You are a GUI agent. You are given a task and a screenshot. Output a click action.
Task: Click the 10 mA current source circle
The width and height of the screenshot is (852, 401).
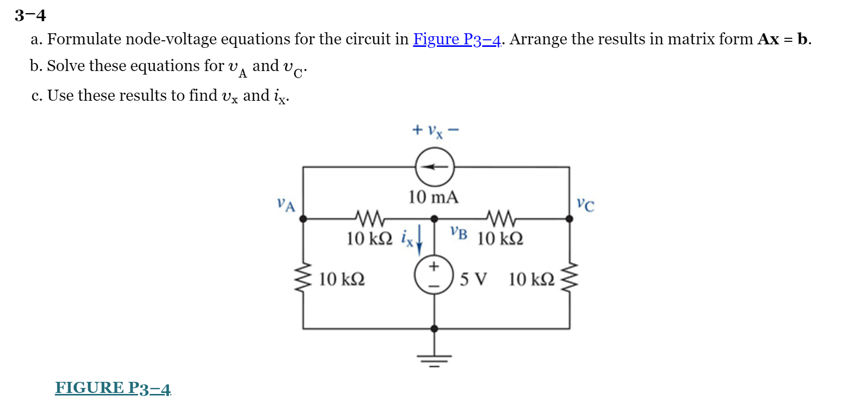pyautogui.click(x=434, y=167)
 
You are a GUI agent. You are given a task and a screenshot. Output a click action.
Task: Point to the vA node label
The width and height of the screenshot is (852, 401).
pyautogui.click(x=286, y=205)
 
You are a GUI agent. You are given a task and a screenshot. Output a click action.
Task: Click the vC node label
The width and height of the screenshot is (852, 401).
pyautogui.click(x=585, y=205)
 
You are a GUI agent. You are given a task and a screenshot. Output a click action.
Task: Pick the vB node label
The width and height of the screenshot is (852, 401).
pyautogui.click(x=459, y=233)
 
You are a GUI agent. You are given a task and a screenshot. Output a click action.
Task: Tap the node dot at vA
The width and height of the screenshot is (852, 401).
pyautogui.click(x=303, y=219)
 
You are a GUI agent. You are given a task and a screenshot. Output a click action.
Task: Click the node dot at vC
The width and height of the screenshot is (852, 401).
pyautogui.click(x=569, y=219)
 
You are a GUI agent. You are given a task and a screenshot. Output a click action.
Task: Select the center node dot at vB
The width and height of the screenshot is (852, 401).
pyautogui.click(x=434, y=219)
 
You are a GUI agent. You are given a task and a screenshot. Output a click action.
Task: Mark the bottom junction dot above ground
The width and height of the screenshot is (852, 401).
pyautogui.click(x=434, y=328)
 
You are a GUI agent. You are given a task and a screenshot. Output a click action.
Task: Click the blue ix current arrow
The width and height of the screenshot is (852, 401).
pyautogui.click(x=419, y=240)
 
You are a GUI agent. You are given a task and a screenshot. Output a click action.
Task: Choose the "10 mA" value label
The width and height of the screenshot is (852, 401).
pyautogui.click(x=433, y=197)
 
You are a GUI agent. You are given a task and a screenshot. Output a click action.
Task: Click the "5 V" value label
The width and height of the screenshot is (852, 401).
pyautogui.click(x=473, y=279)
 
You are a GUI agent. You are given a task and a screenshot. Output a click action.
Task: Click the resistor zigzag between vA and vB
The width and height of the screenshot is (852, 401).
pyautogui.click(x=370, y=218)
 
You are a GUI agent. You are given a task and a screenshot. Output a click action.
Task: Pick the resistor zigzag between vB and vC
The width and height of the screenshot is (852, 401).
pyautogui.click(x=501, y=218)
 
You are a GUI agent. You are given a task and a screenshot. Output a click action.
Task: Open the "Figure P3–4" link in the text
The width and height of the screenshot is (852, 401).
pyautogui.click(x=457, y=39)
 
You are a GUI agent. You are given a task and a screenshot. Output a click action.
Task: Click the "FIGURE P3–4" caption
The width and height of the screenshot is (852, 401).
pyautogui.click(x=113, y=388)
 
